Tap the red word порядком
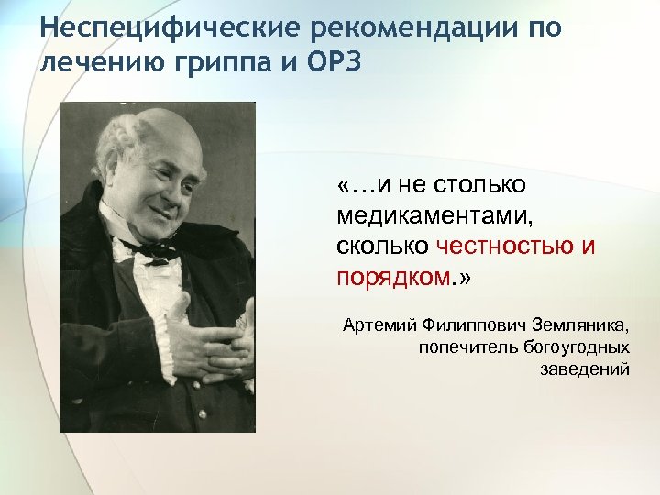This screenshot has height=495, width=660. [x=392, y=277]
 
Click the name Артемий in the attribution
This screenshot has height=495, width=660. [x=378, y=325]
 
